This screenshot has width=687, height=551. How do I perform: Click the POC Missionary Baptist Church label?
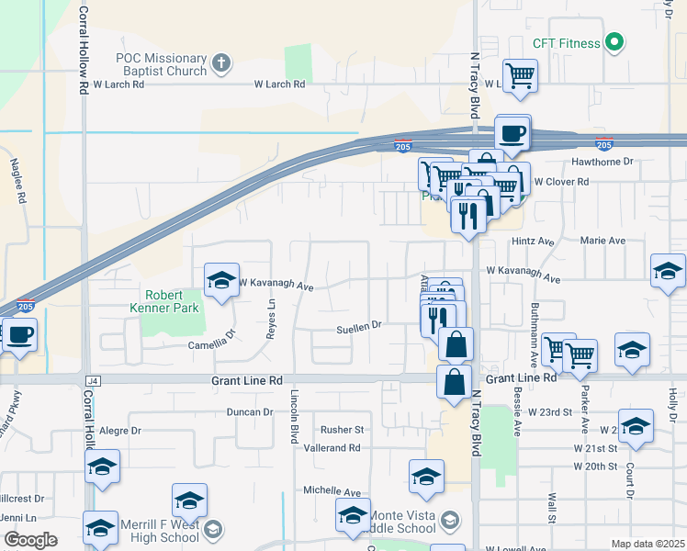tap(160, 64)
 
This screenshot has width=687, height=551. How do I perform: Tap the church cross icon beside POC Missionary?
tap(220, 63)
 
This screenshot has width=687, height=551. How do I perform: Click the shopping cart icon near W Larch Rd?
tap(521, 75)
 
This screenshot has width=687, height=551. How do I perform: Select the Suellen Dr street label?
tap(358, 326)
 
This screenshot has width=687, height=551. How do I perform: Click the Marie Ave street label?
tap(603, 241)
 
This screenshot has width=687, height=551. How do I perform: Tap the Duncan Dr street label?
tap(250, 412)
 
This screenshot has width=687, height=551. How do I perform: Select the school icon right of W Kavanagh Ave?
tap(668, 271)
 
